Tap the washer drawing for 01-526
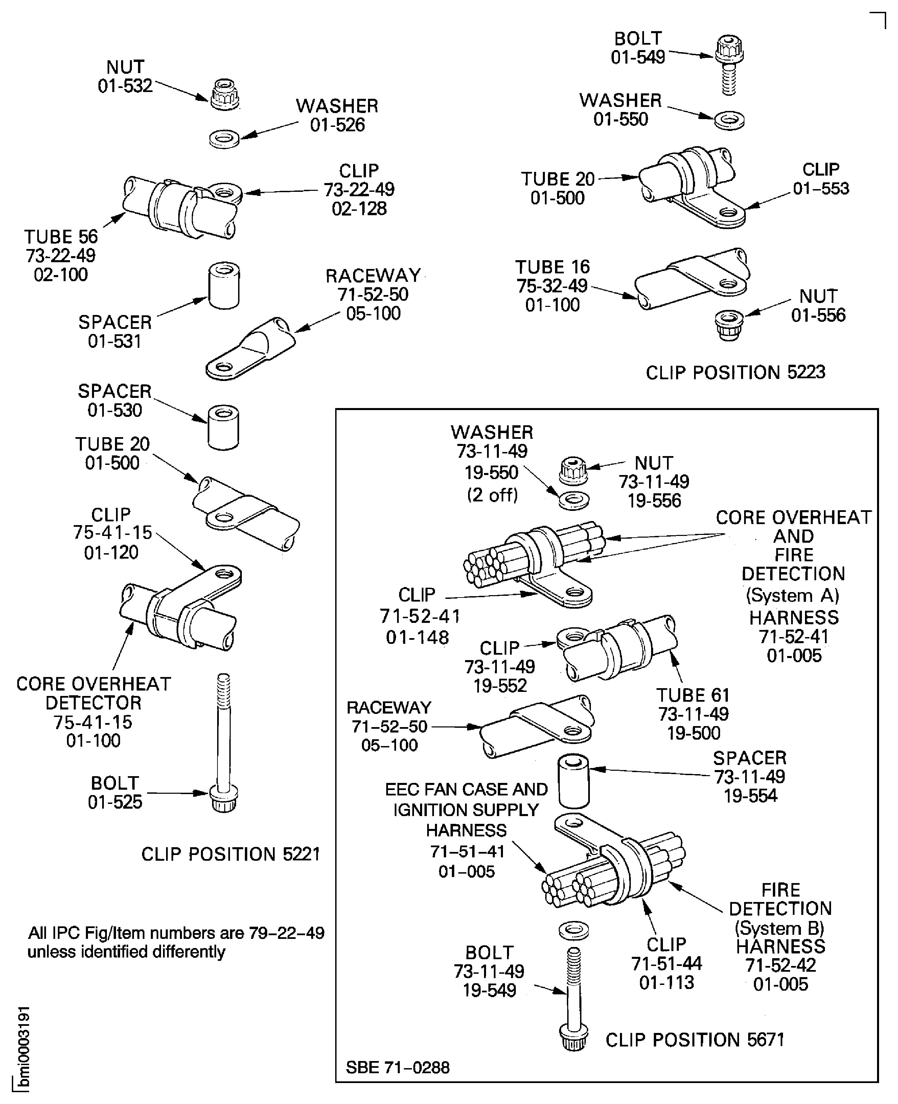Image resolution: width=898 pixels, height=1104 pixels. click(224, 139)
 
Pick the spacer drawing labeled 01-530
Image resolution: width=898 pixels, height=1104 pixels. click(223, 427)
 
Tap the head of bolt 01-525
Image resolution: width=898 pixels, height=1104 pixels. click(224, 799)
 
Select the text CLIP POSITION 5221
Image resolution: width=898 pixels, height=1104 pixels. click(231, 854)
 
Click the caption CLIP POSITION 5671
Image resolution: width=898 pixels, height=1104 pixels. click(695, 1040)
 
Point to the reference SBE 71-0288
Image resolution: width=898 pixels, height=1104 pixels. click(397, 1067)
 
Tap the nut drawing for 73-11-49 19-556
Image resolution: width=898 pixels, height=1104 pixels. click(573, 469)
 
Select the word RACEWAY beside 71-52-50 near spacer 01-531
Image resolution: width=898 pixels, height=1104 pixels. click(373, 276)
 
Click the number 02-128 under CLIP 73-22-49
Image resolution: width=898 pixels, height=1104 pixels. click(359, 208)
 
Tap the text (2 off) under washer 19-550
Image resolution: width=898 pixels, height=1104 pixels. click(492, 495)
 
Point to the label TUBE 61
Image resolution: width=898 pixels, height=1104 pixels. click(693, 695)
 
